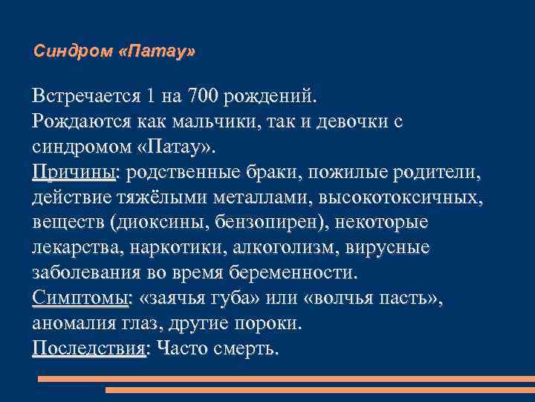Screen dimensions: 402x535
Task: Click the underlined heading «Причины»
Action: [x=74, y=173]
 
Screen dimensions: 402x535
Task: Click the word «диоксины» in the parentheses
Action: [x=160, y=223]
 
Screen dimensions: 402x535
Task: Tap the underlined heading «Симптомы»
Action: [x=80, y=299]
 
